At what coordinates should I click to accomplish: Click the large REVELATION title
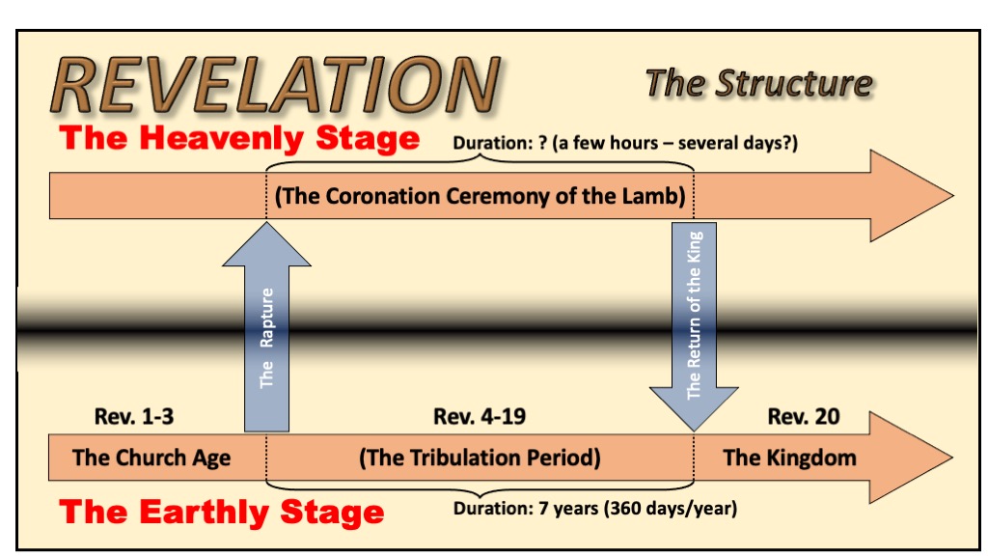[275, 85]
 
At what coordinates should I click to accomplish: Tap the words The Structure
[759, 83]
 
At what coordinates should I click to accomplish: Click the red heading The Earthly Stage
[222, 512]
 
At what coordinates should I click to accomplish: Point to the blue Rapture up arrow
[266, 326]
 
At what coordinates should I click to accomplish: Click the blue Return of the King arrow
[694, 326]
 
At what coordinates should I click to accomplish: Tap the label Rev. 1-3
[133, 416]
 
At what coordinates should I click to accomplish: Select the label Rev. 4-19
[480, 416]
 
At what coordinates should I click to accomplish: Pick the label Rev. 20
[804, 416]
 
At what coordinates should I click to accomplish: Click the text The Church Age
[151, 458]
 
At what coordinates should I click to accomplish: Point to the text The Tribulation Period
[480, 458]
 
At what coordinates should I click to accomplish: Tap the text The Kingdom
[789, 458]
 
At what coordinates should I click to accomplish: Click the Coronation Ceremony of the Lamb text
[480, 196]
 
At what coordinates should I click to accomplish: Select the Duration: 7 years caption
[595, 508]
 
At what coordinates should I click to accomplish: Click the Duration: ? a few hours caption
[625, 143]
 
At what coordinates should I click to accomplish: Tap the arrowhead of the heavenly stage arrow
[912, 195]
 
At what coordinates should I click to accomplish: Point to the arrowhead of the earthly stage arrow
[911, 458]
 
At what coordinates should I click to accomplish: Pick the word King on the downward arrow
[694, 247]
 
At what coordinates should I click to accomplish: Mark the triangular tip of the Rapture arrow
[266, 222]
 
